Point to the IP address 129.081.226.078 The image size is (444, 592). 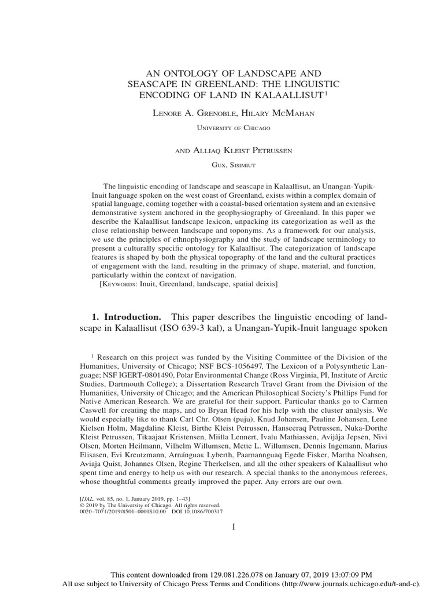[x=225, y=575]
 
